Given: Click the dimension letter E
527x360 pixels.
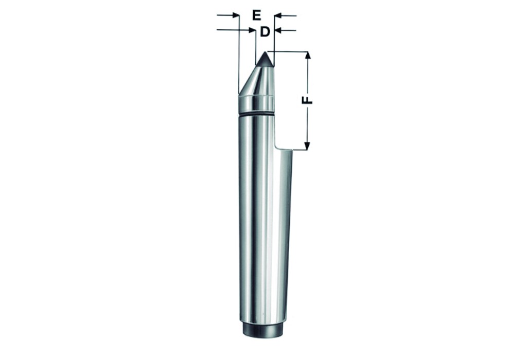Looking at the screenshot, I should click(x=256, y=15).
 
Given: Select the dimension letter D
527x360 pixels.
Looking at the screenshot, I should click(x=265, y=32).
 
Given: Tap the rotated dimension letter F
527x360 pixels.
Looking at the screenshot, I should click(x=307, y=99).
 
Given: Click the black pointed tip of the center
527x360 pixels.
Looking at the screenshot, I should click(x=265, y=60).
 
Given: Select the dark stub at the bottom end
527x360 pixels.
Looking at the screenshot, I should click(x=262, y=330).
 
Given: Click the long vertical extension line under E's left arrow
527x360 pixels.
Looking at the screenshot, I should click(x=239, y=57).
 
